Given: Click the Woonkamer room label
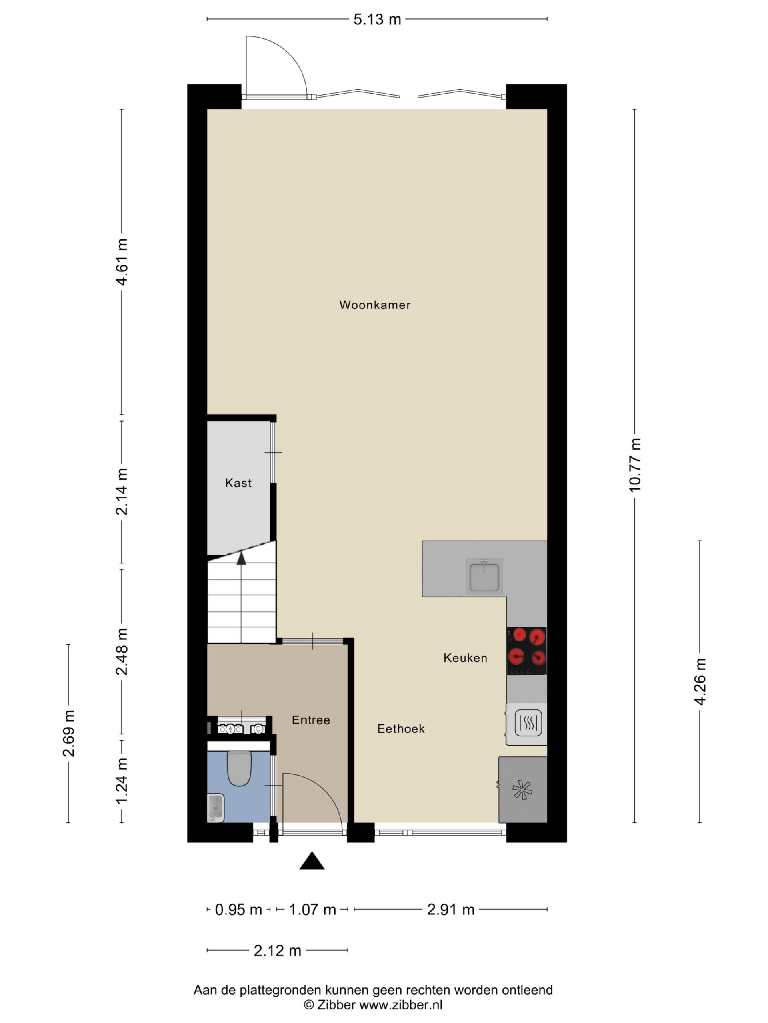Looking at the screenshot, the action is (x=374, y=305).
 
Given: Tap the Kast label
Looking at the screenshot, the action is (x=238, y=483).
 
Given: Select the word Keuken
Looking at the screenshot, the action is (x=465, y=658).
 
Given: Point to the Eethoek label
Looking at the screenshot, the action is (x=401, y=729).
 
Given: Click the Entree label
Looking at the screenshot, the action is (x=311, y=720).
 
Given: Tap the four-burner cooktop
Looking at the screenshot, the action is (x=527, y=651).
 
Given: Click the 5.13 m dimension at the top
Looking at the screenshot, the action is (x=377, y=20).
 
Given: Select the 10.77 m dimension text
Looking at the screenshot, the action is (x=635, y=465).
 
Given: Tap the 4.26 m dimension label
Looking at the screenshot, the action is (x=700, y=681).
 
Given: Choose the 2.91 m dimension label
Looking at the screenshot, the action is (x=450, y=909).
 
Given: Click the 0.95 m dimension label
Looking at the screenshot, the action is (x=238, y=909).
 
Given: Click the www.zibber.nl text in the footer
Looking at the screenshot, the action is (x=401, y=1005).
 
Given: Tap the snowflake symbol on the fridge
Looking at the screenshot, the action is (x=522, y=790).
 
